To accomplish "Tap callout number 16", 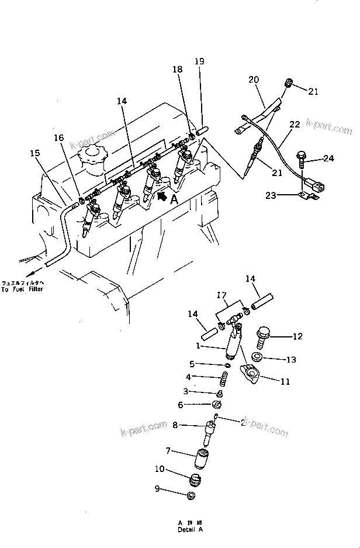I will (58, 138).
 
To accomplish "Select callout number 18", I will (176, 70).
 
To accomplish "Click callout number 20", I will (253, 80).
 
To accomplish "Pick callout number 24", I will (328, 157).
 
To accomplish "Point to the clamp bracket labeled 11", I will (250, 373).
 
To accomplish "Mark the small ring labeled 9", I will (191, 497).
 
